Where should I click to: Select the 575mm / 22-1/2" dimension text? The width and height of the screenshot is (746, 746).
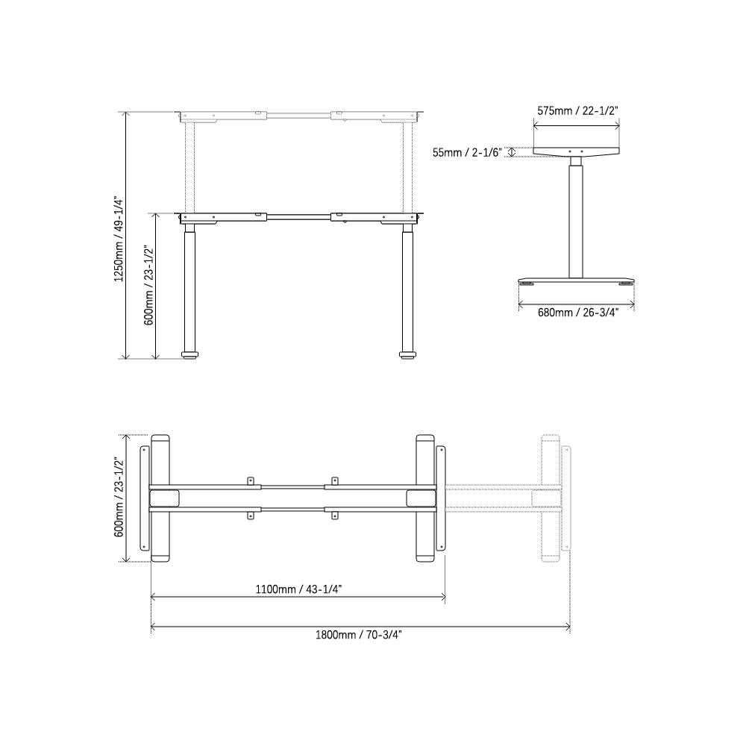coord(577,110)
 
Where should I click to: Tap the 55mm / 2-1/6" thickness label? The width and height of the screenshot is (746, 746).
coord(467,152)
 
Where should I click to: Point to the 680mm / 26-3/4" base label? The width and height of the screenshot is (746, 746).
coord(577,313)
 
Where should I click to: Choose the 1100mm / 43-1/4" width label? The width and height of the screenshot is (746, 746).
coord(299,589)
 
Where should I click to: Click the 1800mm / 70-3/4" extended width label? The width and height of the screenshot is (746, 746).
coord(358,635)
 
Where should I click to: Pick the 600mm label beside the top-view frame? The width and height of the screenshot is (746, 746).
coord(119,498)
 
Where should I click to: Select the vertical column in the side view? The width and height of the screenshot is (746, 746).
coord(576,220)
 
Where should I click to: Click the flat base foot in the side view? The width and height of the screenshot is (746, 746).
coord(576,280)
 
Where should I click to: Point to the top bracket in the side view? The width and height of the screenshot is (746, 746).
coord(576,151)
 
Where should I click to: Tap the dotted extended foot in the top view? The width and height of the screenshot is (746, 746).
coord(550,498)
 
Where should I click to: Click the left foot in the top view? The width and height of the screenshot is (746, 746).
coord(161,498)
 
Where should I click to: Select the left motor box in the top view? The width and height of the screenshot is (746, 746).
coord(165,498)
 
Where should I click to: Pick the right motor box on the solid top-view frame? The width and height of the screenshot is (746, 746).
coord(419,498)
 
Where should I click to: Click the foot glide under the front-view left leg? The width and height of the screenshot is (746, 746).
coord(191,356)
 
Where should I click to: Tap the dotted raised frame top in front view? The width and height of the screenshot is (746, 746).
coord(298,116)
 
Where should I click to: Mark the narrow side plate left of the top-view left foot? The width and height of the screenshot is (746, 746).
coord(145,498)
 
